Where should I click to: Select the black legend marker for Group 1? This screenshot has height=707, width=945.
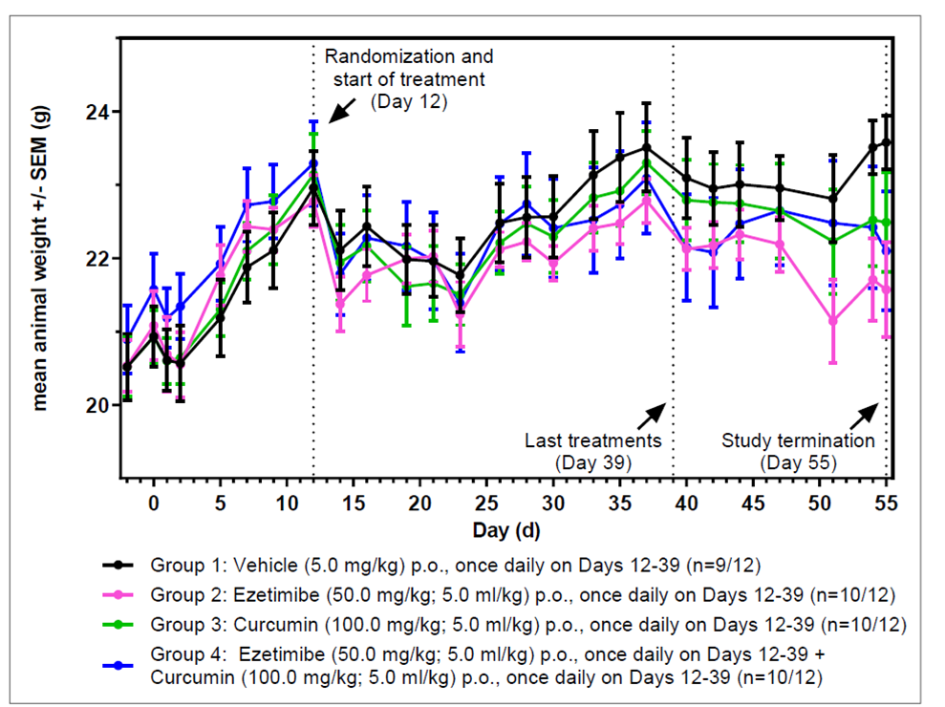click(x=118, y=565)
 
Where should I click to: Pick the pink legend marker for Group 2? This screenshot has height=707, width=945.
click(x=118, y=595)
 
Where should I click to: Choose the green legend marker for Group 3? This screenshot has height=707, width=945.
click(x=118, y=626)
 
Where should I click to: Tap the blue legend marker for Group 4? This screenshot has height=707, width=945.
click(x=118, y=656)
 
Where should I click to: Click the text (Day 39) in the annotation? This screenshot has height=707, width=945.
click(x=592, y=462)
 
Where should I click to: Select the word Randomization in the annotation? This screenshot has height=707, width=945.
click(x=380, y=56)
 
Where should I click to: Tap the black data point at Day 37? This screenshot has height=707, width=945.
click(x=647, y=147)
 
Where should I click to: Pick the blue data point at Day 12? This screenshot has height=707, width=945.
click(x=313, y=162)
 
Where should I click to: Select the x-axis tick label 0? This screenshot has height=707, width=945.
click(x=153, y=501)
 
